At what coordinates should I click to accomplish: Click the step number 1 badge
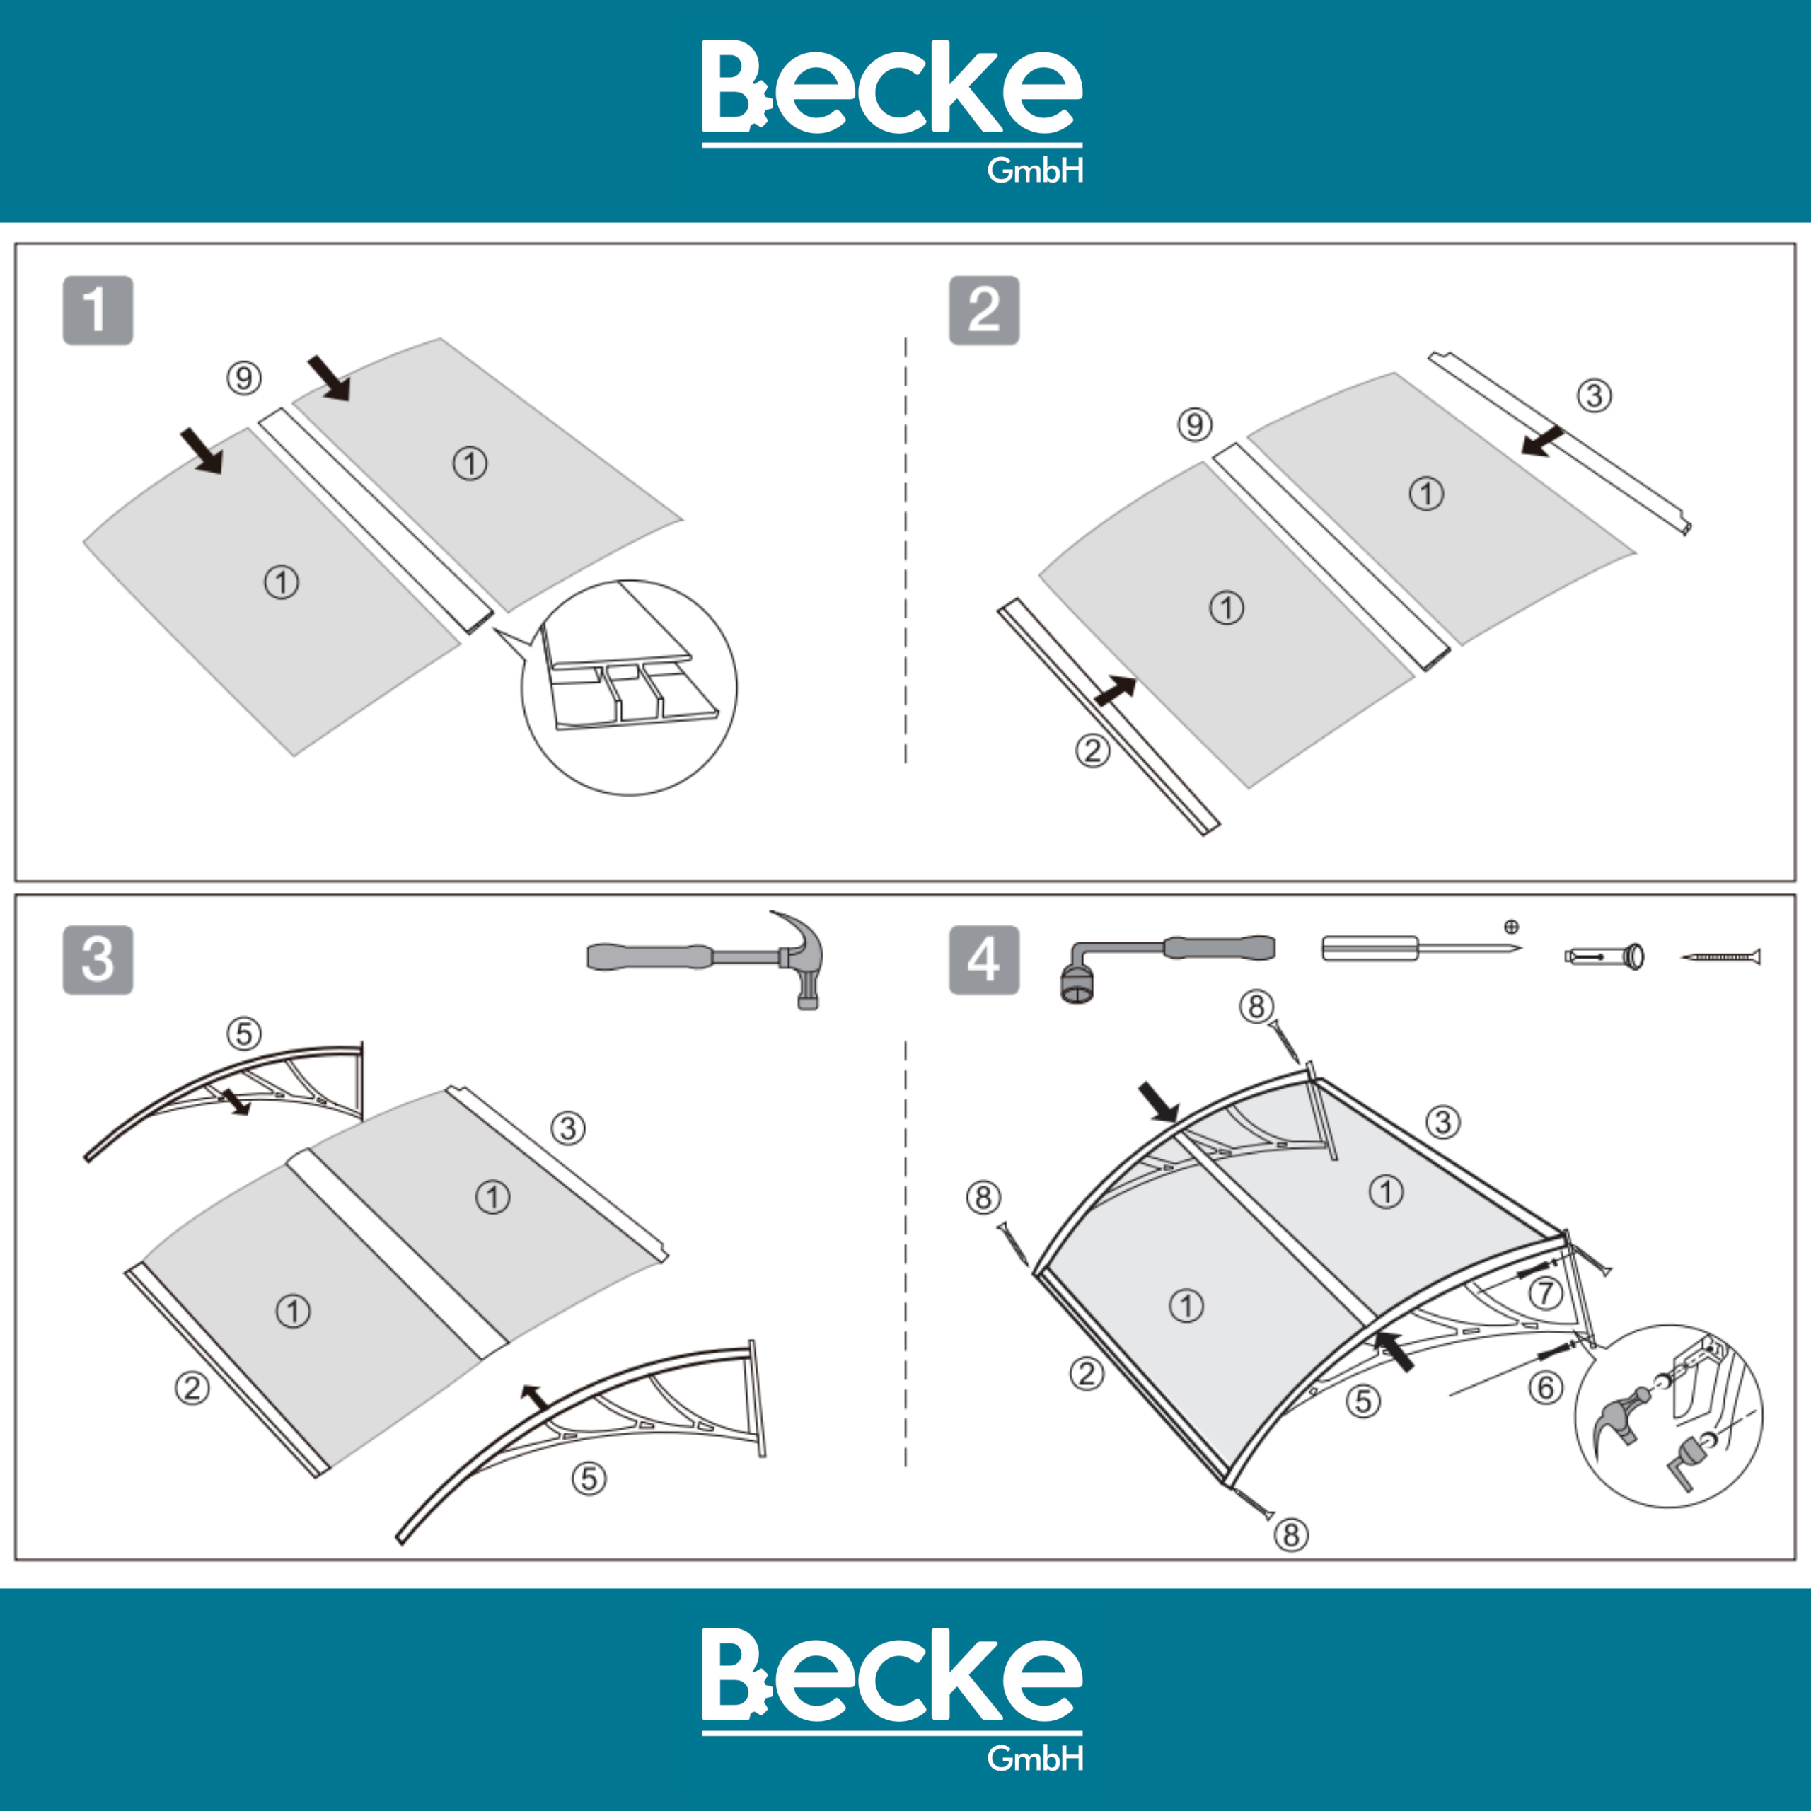[98, 311]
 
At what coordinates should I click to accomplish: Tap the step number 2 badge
[984, 311]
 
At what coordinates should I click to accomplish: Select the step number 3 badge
[98, 961]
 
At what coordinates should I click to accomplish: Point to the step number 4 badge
[984, 961]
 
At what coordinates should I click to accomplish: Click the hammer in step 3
[712, 958]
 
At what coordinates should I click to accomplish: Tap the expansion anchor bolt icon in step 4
[1604, 956]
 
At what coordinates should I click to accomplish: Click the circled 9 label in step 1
[244, 378]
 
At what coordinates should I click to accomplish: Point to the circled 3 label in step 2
[1595, 395]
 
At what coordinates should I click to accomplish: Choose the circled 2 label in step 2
[1092, 750]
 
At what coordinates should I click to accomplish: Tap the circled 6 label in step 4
[1546, 1387]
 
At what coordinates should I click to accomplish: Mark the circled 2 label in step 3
[192, 1387]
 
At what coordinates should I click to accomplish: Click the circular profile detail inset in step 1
[629, 687]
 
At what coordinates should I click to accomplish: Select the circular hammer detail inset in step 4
[1669, 1416]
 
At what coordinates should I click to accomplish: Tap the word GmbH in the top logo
[1036, 170]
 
